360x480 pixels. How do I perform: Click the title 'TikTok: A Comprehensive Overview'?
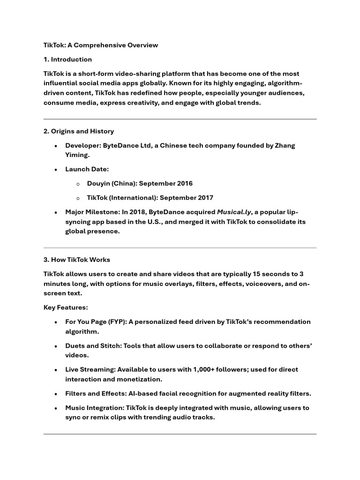tap(101, 45)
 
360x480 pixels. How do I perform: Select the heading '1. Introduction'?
tap(67, 60)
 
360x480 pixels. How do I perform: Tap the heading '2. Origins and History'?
tap(78, 131)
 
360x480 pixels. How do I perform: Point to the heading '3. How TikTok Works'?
tap(76, 260)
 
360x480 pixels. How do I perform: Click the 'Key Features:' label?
tap(66, 307)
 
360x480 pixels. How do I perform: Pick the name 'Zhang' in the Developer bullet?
tap(285, 145)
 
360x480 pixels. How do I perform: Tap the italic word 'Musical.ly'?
tap(234, 212)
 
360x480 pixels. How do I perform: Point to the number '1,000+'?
tap(205, 369)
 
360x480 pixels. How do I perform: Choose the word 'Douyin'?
tap(98, 183)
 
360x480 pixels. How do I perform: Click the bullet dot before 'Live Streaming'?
tap(56, 370)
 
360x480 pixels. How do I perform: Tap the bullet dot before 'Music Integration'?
tap(56, 408)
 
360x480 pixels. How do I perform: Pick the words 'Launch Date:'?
tap(87, 169)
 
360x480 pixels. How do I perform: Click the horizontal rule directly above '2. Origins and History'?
tap(180, 119)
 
